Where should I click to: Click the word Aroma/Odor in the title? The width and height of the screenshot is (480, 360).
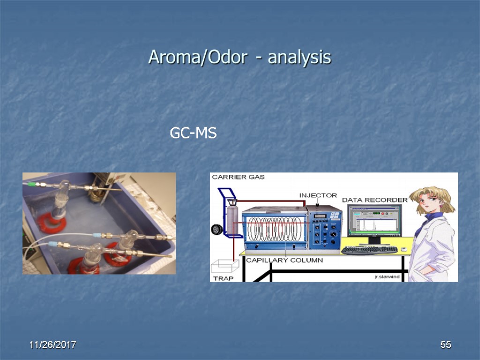coord(197,58)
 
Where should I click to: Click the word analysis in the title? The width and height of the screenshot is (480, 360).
coord(300,58)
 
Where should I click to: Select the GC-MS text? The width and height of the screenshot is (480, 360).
coord(193,134)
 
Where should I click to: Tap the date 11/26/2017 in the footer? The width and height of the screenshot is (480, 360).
coord(52,345)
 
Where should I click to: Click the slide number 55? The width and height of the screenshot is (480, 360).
coord(445,345)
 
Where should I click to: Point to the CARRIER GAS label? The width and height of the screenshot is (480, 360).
coord(239,177)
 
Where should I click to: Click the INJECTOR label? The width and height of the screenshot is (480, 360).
coord(318,195)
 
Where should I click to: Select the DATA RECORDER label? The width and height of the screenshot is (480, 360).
coord(375,200)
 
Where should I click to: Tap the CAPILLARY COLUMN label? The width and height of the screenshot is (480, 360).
coord(284,261)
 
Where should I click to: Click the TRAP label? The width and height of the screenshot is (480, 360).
coord(223,278)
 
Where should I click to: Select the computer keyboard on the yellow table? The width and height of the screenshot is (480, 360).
coord(369,250)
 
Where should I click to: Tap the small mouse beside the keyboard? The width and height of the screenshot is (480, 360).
coord(404,249)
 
